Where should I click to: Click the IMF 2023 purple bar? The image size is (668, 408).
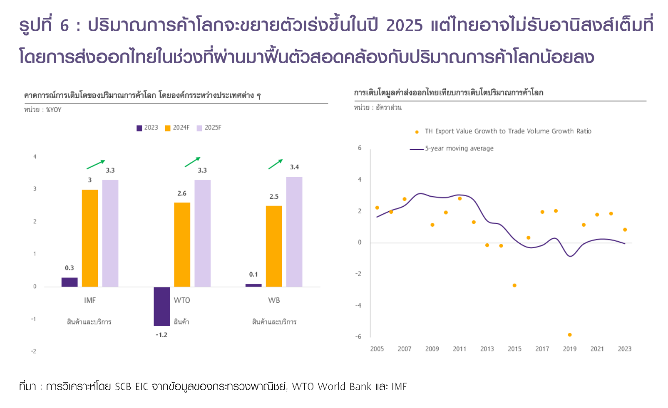(x=70, y=282)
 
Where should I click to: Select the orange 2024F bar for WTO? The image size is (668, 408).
(x=182, y=245)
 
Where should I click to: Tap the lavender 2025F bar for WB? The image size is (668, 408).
(x=294, y=232)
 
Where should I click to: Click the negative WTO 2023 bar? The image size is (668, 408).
(x=161, y=306)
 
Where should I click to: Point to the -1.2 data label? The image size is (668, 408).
(x=161, y=335)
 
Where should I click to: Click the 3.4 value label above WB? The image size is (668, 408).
(x=294, y=167)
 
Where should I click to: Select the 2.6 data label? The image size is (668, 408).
(x=182, y=193)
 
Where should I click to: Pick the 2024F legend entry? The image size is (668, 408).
(x=177, y=128)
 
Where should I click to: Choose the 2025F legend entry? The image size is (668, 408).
(x=209, y=128)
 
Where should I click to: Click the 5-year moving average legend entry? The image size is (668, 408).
(x=452, y=148)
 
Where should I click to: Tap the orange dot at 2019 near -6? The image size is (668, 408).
(x=570, y=335)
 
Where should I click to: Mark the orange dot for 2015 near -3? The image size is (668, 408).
(x=514, y=285)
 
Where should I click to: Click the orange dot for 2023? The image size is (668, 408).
(x=625, y=230)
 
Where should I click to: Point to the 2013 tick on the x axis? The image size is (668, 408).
(x=487, y=349)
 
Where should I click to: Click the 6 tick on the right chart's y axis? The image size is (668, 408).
(x=360, y=148)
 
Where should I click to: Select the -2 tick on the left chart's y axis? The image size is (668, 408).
(x=34, y=351)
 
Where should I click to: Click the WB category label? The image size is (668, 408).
(x=274, y=300)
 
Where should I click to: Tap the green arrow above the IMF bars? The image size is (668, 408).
(x=95, y=165)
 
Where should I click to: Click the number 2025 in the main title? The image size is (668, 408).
(x=404, y=26)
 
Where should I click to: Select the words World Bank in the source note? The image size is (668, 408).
(x=344, y=387)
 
